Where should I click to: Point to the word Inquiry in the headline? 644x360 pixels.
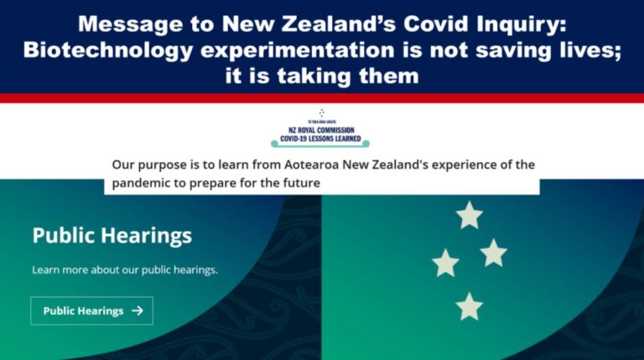532,23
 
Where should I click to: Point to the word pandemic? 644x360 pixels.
142,181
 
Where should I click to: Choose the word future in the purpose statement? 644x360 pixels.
299,181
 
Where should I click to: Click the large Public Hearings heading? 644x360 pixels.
112,235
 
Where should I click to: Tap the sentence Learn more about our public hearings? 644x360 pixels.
125,270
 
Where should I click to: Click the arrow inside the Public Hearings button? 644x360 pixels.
138,310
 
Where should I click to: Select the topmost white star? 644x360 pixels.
469,216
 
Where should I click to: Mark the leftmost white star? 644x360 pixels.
445,263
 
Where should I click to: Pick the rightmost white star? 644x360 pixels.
493,253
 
